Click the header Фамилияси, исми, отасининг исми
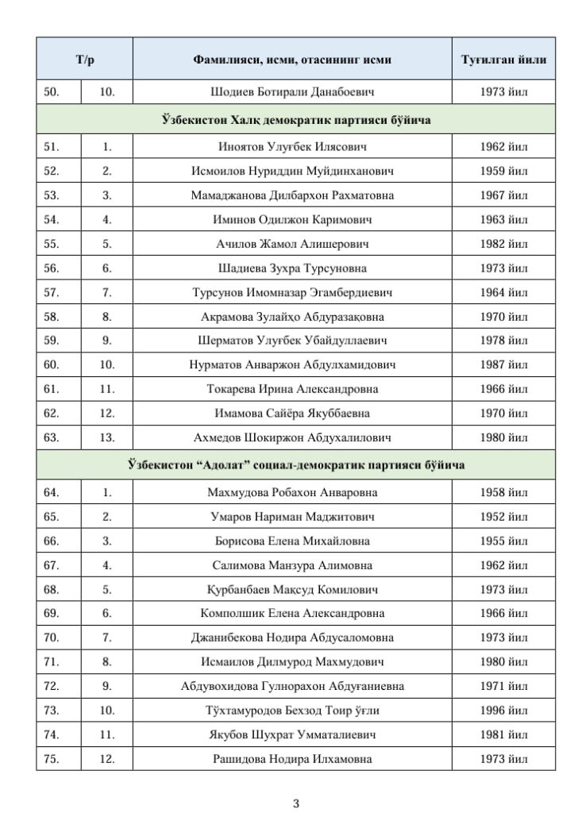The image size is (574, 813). click(x=292, y=60)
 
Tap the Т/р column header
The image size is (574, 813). click(x=85, y=60)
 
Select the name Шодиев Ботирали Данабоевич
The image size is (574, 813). click(x=292, y=92)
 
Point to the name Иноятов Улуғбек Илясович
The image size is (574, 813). click(x=292, y=147)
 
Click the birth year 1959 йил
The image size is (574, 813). click(x=503, y=171)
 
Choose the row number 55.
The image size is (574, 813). click(x=51, y=244)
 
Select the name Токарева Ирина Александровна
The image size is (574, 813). click(x=292, y=389)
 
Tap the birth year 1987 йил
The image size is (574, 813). click(x=503, y=365)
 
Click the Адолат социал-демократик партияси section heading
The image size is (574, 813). click(x=295, y=465)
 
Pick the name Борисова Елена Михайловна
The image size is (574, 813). click(x=292, y=541)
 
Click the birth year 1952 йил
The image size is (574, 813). click(x=503, y=517)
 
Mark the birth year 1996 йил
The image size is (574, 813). click(x=503, y=711)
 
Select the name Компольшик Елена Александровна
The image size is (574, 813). click(x=292, y=614)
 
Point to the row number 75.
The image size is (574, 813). click(x=51, y=759)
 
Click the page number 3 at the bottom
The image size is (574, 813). click(x=296, y=803)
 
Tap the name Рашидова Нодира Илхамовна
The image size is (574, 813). click(x=292, y=759)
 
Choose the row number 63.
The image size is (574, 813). click(x=51, y=437)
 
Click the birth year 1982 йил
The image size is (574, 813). click(x=503, y=244)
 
